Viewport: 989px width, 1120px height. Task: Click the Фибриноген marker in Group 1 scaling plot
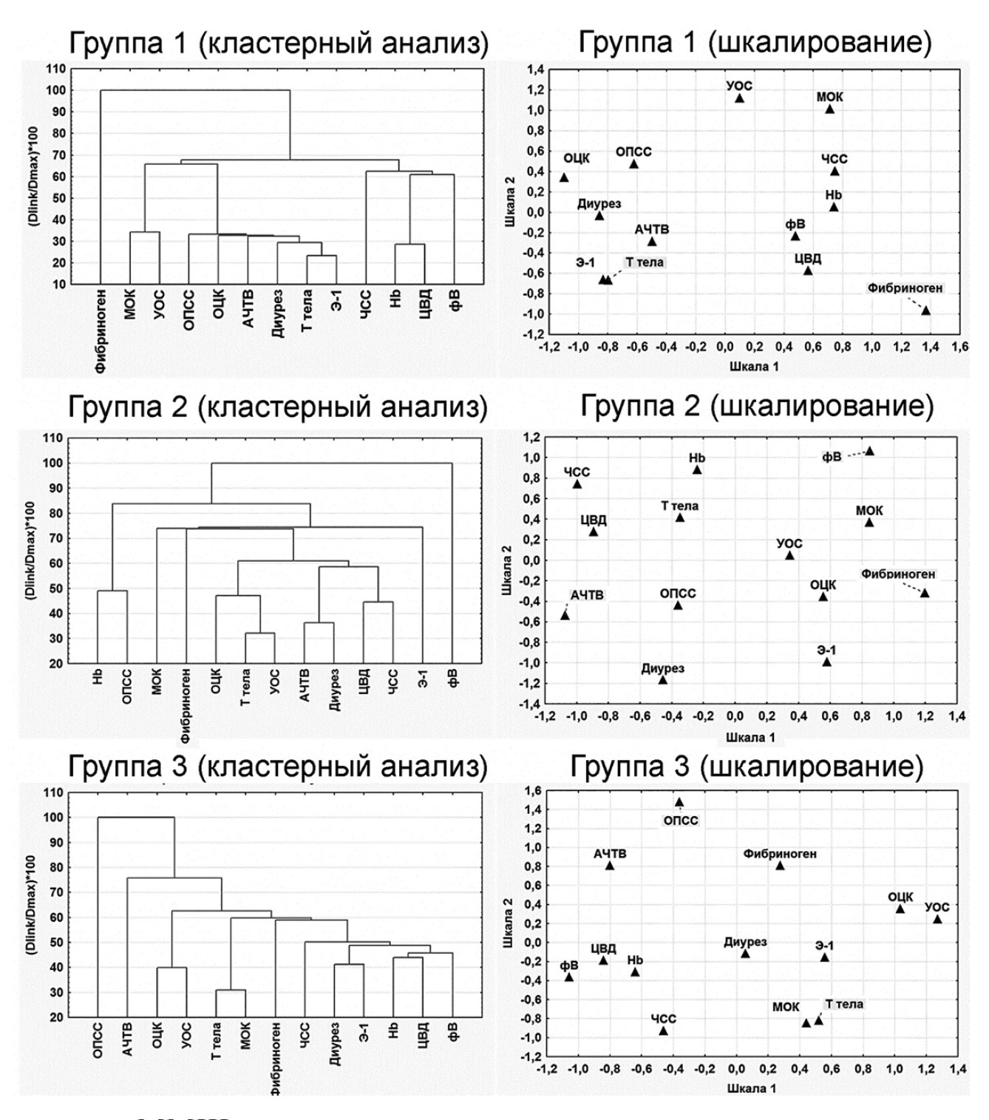[925, 310]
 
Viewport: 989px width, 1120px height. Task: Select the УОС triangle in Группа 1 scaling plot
[739, 98]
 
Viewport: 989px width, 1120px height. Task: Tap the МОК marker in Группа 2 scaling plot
[869, 523]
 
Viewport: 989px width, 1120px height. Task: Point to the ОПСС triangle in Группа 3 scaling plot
[679, 802]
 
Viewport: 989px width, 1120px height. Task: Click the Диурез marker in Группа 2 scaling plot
[663, 680]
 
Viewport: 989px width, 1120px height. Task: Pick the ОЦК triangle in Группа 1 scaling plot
[564, 177]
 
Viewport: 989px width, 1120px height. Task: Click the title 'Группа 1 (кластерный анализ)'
[279, 44]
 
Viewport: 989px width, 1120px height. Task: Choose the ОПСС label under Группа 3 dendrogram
[98, 1042]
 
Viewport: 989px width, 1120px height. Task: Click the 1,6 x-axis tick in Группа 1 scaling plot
[960, 347]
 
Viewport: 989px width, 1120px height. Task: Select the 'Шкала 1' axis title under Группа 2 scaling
[750, 737]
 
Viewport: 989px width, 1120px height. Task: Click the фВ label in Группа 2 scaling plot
[832, 457]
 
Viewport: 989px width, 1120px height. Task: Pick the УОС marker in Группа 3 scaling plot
[937, 919]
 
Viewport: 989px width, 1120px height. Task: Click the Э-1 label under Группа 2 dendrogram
[422, 678]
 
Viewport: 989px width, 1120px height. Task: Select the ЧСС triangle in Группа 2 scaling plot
[577, 484]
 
